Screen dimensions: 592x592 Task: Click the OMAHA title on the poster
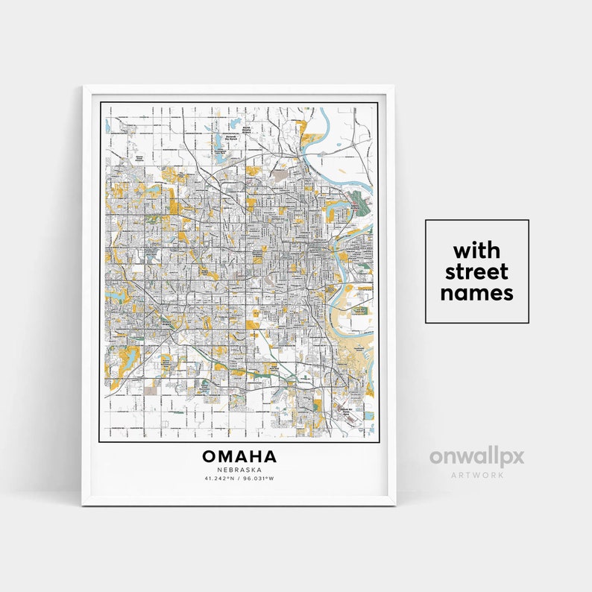point(239,456)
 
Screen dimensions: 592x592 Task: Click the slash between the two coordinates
point(240,478)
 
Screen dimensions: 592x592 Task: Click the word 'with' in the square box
point(476,249)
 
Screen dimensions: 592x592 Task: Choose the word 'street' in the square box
point(476,271)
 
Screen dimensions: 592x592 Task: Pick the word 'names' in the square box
point(476,293)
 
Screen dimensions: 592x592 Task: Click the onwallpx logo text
point(476,456)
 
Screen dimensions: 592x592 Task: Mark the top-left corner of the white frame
point(83,86)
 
